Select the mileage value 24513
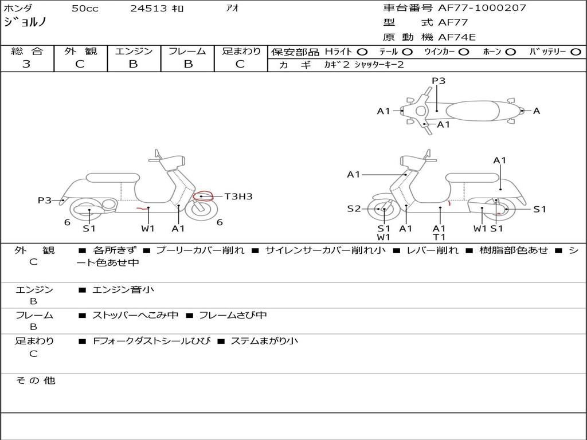coord(148,9)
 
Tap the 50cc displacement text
coord(85,9)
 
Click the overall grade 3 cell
coord(26,64)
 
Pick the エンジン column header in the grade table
coord(134,51)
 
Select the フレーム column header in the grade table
coord(187,51)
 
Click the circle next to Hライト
coord(362,52)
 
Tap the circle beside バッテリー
coord(576,52)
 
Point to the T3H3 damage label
coord(238,197)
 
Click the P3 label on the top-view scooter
coord(439,81)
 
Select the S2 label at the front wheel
coord(354,209)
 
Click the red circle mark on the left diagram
coord(203,196)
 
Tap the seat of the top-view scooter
coord(479,110)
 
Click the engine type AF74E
coord(457,37)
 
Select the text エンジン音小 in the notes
coord(123,290)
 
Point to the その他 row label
coord(35,380)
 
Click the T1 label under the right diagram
coord(439,237)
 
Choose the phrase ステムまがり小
coord(264,341)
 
